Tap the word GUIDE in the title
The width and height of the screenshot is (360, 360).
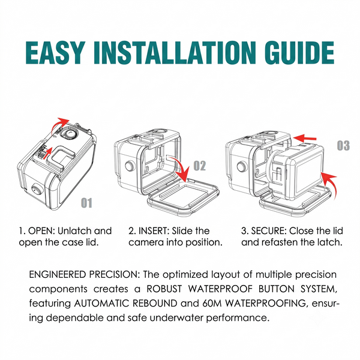(x=299, y=53)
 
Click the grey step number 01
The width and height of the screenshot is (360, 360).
(x=86, y=203)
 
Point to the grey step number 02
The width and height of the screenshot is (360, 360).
(x=200, y=166)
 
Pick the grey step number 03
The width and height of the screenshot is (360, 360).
(x=343, y=145)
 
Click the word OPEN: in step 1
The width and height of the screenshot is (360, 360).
(x=41, y=231)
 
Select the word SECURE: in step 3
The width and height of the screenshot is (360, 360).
(x=269, y=231)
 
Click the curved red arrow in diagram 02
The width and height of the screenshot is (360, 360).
(x=182, y=167)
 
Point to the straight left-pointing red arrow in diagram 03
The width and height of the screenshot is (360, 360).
(x=305, y=138)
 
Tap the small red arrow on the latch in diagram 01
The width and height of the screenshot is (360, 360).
(x=48, y=152)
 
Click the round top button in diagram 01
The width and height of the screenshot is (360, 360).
(x=70, y=134)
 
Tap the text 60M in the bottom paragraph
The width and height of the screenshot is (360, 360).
(x=212, y=303)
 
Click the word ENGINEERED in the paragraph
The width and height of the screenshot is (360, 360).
(x=58, y=275)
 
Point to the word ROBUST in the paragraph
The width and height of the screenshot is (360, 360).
(x=164, y=289)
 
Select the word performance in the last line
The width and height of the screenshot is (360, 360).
(x=238, y=318)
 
